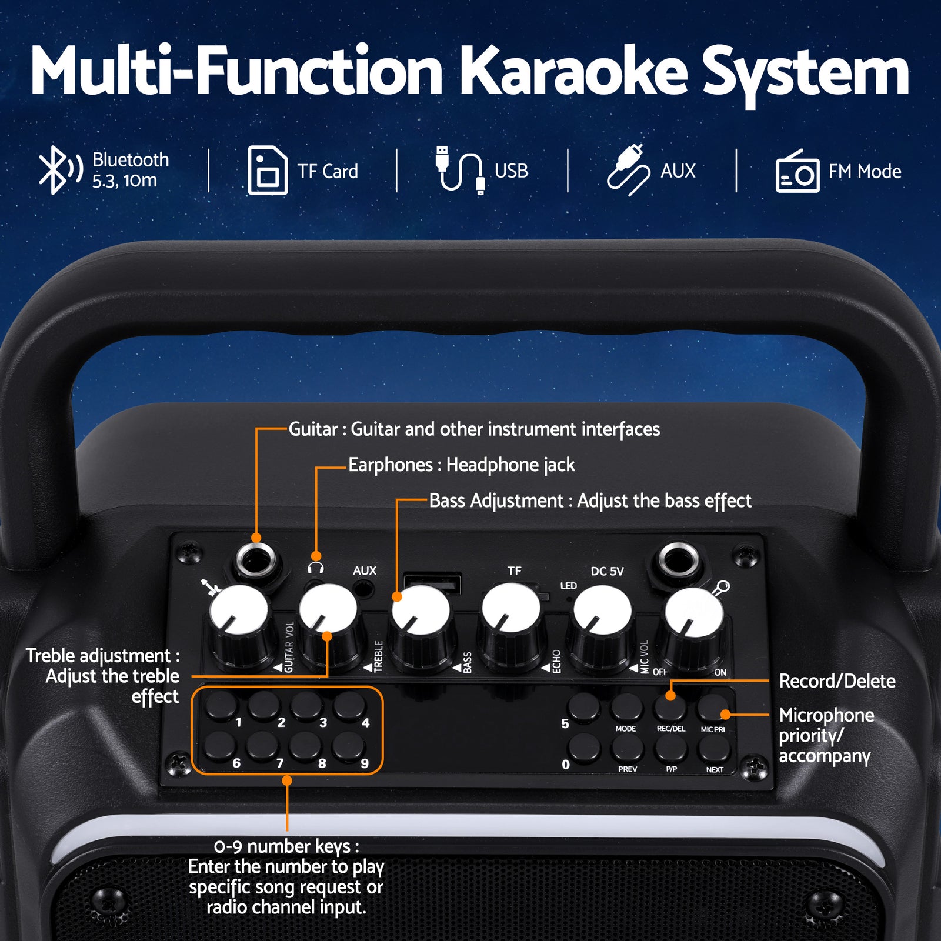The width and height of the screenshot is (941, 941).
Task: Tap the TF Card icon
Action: (267, 171)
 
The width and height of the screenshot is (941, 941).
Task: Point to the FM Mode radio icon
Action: (797, 172)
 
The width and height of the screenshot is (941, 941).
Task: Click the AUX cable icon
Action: (628, 170)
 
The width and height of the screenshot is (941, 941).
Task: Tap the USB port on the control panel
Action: (433, 585)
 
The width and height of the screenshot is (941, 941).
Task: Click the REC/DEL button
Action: (670, 706)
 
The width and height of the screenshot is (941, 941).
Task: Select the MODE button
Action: (626, 706)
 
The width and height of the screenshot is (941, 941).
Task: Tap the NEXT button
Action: (714, 748)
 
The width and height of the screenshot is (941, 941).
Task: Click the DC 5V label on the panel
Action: (607, 571)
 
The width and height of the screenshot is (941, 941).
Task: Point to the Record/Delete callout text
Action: (837, 681)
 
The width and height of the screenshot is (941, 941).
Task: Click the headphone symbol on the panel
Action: (316, 568)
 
